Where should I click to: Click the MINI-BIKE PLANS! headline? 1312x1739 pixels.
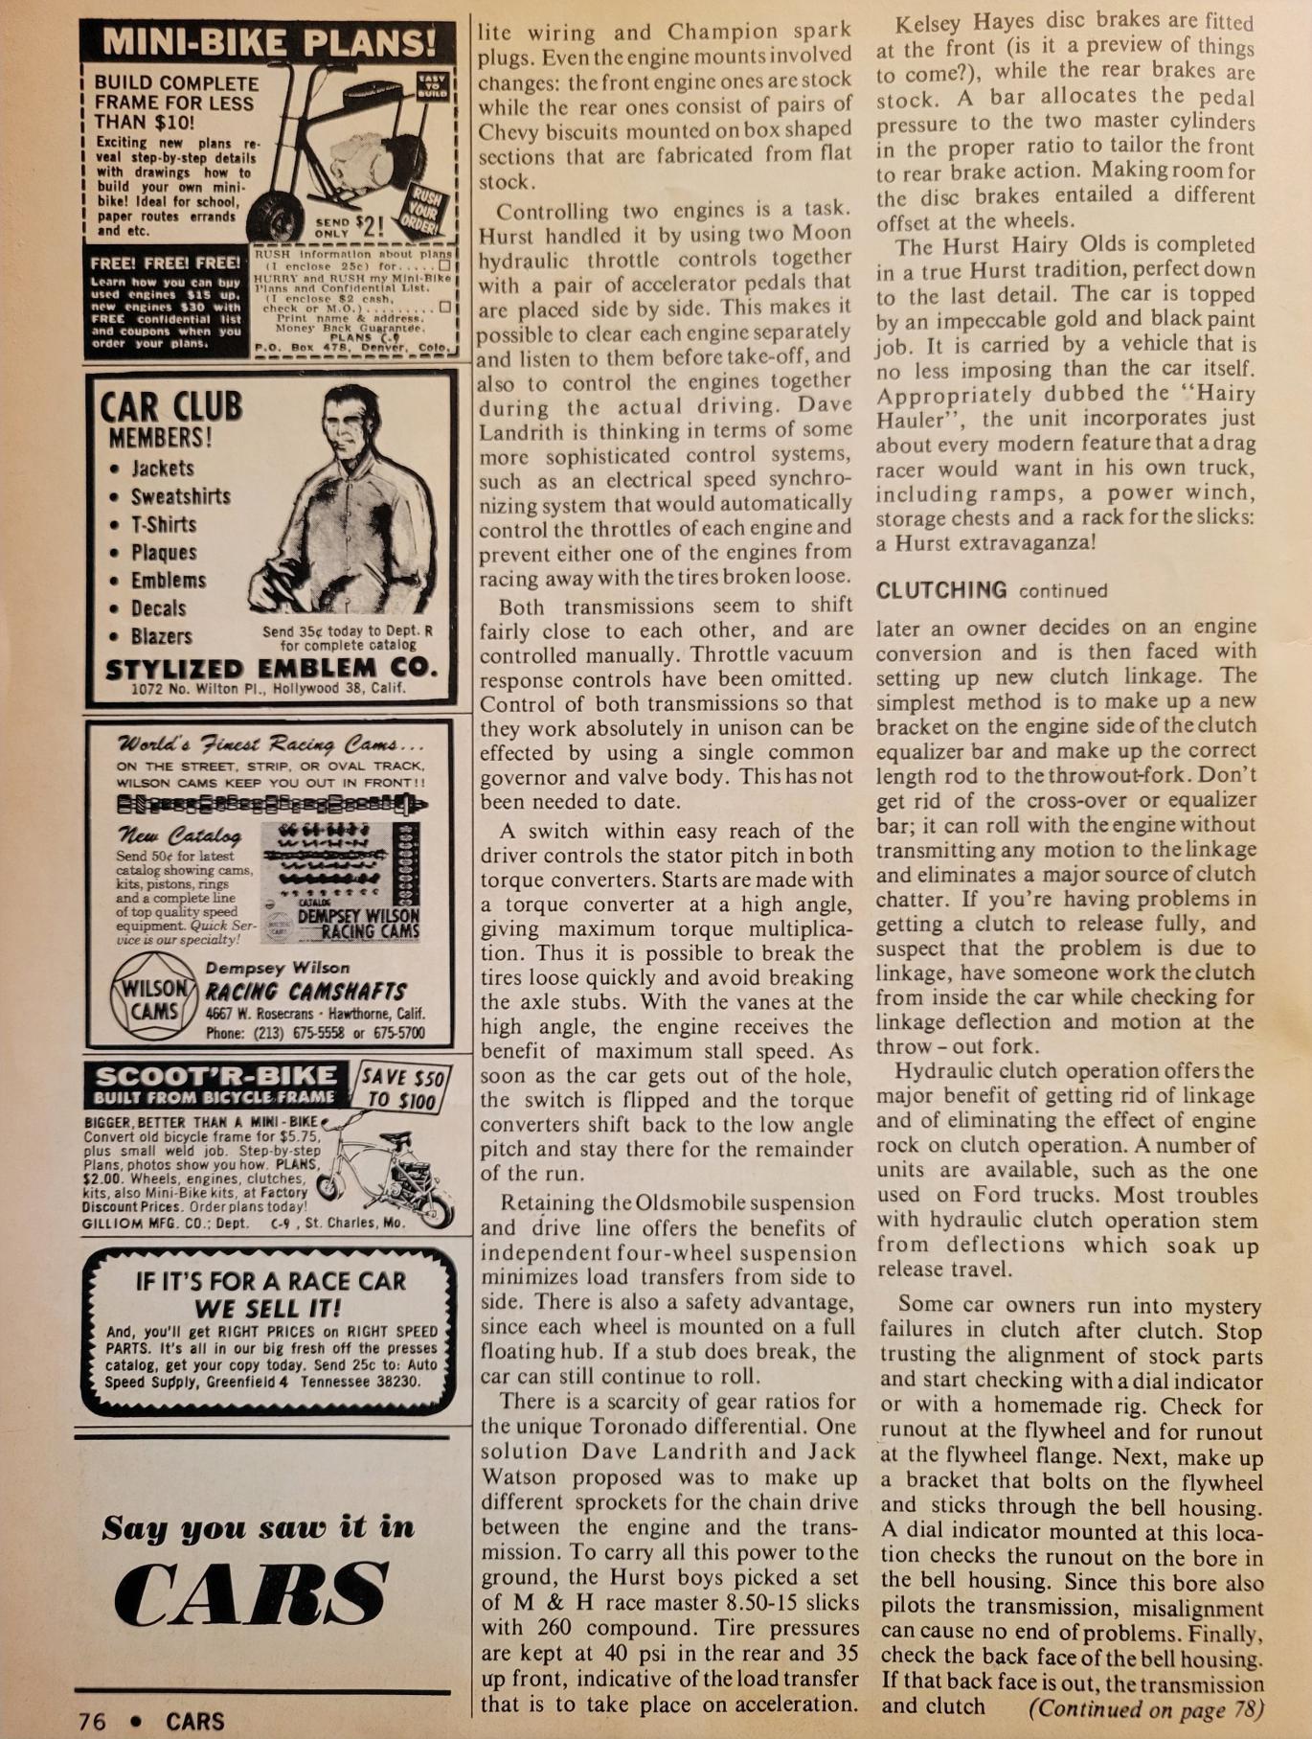[268, 42]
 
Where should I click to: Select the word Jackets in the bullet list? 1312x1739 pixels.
[162, 469]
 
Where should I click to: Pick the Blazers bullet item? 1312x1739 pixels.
[161, 636]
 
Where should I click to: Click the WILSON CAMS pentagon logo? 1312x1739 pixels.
[153, 999]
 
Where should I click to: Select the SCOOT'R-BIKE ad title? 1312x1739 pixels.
[215, 1076]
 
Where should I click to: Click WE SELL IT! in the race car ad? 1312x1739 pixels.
[268, 1308]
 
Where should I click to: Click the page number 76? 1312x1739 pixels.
[93, 1721]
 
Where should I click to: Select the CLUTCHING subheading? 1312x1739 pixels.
[941, 590]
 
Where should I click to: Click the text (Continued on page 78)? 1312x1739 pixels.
[1145, 1708]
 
